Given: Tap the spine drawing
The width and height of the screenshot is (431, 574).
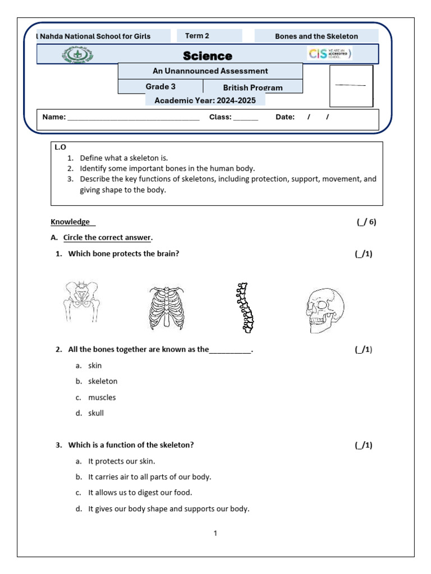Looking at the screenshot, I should click(244, 308).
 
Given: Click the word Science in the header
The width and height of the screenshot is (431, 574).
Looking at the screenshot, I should click(207, 56).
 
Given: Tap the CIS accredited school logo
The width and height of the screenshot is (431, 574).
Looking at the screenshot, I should click(329, 54).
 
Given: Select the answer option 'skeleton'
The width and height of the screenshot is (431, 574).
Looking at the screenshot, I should click(103, 381).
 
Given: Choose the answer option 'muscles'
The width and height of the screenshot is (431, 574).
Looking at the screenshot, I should click(102, 397).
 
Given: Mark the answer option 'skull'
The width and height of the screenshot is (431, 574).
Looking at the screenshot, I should click(96, 413).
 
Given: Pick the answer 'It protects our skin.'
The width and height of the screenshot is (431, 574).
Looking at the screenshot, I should click(121, 461).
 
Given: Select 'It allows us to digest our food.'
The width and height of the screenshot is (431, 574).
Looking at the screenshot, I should click(140, 493).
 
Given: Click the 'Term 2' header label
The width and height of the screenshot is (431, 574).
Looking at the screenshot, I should click(197, 36).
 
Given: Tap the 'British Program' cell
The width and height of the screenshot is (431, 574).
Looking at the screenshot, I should click(253, 87).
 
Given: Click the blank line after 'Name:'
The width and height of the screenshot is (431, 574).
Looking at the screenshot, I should click(133, 118).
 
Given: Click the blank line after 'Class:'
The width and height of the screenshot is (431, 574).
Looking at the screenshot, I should click(246, 118).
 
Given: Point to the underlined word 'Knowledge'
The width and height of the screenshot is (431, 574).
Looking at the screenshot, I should click(70, 222).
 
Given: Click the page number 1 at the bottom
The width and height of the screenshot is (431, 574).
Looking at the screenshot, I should click(215, 533).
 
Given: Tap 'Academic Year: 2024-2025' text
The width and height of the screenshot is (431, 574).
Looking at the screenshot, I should click(205, 100).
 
